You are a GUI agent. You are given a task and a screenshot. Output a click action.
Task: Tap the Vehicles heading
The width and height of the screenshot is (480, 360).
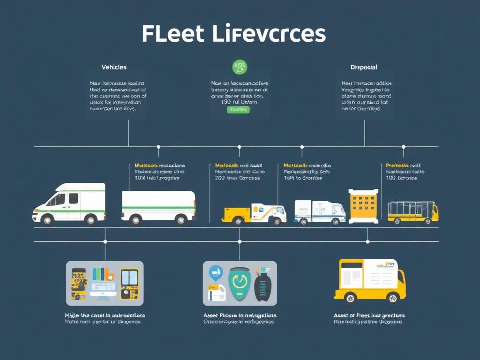click(x=114, y=67)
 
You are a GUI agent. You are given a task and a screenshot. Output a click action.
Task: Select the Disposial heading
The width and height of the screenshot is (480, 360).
click(x=364, y=67)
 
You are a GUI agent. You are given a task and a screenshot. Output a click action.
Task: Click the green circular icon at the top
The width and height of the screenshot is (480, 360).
click(x=239, y=67)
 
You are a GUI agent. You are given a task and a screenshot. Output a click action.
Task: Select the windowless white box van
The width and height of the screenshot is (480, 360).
click(x=158, y=205)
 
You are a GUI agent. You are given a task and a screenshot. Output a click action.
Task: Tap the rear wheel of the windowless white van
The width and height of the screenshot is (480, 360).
click(x=136, y=219)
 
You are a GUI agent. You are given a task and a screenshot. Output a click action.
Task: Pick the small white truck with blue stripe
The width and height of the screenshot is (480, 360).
click(x=320, y=211)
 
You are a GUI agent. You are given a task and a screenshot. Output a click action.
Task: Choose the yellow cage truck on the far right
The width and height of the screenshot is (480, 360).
click(x=412, y=211)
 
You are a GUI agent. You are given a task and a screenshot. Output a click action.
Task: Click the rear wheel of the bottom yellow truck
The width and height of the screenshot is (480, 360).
click(x=349, y=298)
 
